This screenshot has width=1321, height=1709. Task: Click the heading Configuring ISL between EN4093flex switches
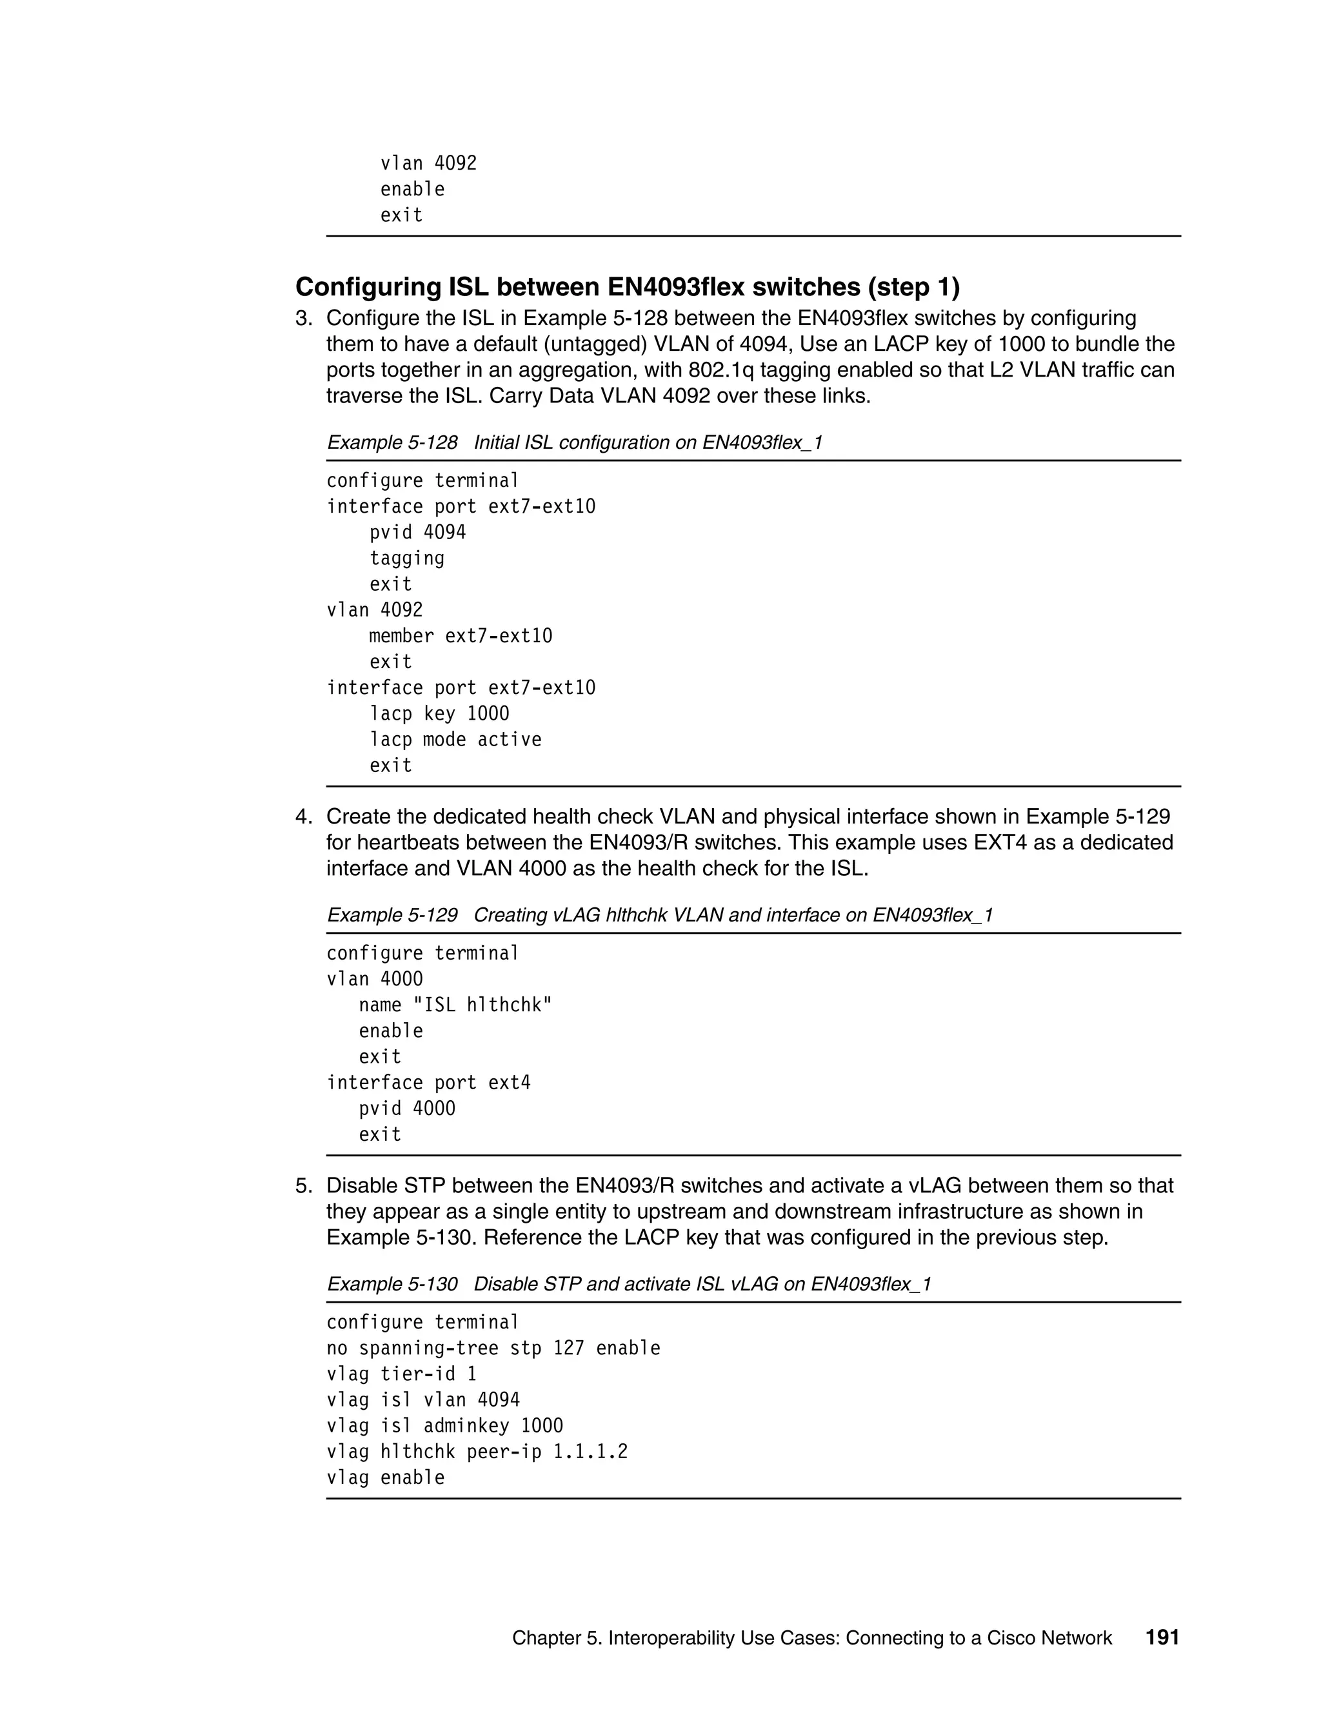(x=627, y=287)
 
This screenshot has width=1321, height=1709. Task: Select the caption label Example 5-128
(x=392, y=442)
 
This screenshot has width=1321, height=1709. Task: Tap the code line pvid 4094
(x=417, y=532)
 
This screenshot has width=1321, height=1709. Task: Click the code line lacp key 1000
(x=439, y=714)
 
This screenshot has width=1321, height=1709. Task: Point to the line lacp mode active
(x=455, y=740)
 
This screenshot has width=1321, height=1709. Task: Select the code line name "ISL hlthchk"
(x=455, y=1005)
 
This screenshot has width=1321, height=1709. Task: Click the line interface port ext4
(x=428, y=1082)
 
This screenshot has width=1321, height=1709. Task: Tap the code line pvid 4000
(x=407, y=1108)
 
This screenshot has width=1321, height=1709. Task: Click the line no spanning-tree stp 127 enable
(x=493, y=1347)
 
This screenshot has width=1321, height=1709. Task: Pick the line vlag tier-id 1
(x=401, y=1373)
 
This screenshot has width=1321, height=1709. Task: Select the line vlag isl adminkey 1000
(x=444, y=1425)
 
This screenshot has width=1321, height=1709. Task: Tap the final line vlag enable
(x=385, y=1477)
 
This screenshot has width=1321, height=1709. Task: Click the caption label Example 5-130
(x=392, y=1284)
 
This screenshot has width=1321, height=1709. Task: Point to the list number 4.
(x=303, y=817)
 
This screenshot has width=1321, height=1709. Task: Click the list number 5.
(x=303, y=1185)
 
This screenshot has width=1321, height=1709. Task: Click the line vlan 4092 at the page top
(x=428, y=163)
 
